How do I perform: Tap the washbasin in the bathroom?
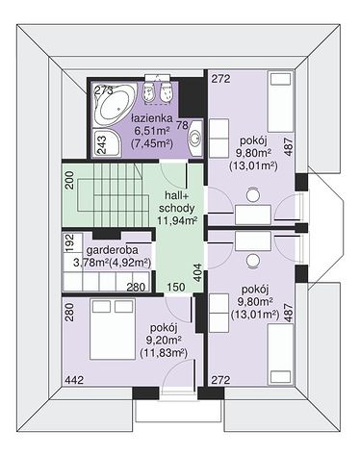point(195,139)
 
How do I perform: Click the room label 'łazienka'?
point(152,118)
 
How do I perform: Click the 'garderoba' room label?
point(113,250)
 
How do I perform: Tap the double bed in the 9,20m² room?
point(113,329)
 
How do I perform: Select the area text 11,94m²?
point(176,220)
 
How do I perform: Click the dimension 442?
point(74,380)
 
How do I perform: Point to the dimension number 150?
point(176,287)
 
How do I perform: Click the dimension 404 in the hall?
point(198,272)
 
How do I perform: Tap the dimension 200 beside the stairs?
point(70,180)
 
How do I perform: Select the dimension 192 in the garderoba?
point(70,242)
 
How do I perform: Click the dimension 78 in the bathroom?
point(182,125)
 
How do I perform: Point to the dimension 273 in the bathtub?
point(104,90)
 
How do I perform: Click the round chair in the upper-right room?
point(253,194)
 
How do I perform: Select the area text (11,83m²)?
point(164,353)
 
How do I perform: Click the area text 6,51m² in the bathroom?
point(152,131)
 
